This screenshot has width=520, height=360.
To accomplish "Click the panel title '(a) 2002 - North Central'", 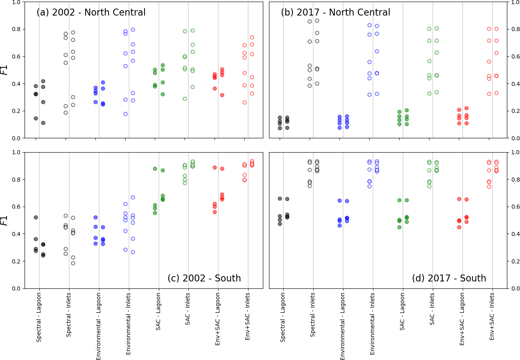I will (x=91, y=13).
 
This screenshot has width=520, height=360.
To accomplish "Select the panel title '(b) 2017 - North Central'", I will (x=335, y=13).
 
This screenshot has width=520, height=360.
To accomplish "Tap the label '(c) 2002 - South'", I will (x=204, y=279).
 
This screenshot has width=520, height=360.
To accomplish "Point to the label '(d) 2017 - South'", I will (x=449, y=279).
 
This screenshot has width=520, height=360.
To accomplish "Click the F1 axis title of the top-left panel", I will (x=5, y=70).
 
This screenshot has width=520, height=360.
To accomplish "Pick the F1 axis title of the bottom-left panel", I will (x=5, y=220).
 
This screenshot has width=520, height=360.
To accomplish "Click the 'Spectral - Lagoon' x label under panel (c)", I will (x=39, y=317).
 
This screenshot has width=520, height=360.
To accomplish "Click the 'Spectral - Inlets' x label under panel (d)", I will (x=313, y=317).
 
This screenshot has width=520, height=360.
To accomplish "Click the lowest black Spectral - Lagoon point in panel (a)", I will (x=43, y=123).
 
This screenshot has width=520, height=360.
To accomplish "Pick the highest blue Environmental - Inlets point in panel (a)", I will (x=133, y=29).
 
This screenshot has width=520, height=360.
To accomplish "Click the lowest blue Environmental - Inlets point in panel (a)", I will (x=125, y=114).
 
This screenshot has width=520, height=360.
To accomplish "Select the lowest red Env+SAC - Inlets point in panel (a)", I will (x=244, y=102).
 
